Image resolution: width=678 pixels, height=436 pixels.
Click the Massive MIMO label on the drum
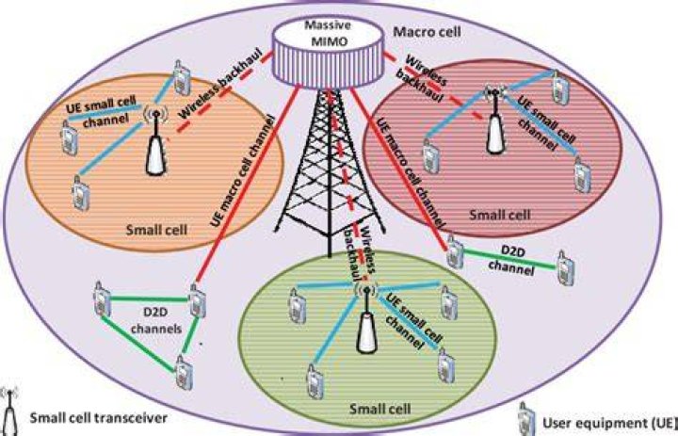click(x=328, y=33)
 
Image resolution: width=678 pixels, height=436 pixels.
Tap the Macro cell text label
click(x=428, y=32)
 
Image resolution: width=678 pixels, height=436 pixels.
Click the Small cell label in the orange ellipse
click(x=156, y=229)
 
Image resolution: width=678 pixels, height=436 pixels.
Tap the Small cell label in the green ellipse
click(x=379, y=409)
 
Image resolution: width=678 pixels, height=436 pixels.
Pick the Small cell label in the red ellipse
click(x=499, y=214)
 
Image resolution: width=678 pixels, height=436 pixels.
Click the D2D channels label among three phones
click(x=156, y=320)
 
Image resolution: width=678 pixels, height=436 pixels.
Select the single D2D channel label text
click(x=511, y=261)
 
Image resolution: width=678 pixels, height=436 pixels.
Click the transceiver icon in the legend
click(x=9, y=412)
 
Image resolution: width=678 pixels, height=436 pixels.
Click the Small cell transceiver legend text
click(x=98, y=418)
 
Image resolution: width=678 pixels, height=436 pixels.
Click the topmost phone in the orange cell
click(x=182, y=77)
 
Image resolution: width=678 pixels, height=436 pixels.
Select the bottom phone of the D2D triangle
click(x=184, y=373)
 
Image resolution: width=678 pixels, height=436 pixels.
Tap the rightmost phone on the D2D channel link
click(x=565, y=268)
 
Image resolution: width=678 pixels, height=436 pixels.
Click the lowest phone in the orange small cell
click(x=81, y=193)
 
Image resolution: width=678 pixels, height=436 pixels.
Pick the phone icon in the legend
click(x=526, y=420)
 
